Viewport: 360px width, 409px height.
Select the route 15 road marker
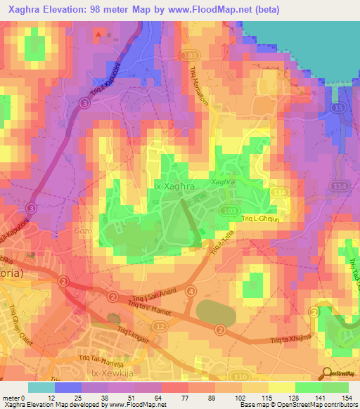(x=338, y=107)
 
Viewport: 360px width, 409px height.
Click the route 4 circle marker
(x=191, y=290)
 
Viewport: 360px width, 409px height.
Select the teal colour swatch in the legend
(x=41, y=387)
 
